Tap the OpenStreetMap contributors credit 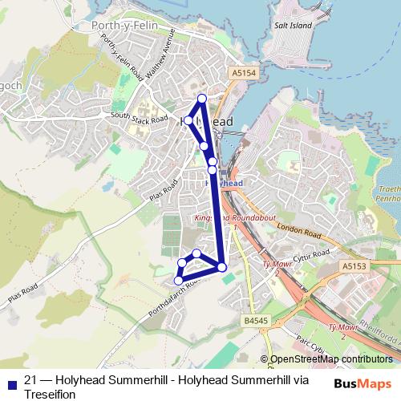330,359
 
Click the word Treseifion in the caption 50,394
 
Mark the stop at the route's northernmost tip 202,99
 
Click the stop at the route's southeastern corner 222,266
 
